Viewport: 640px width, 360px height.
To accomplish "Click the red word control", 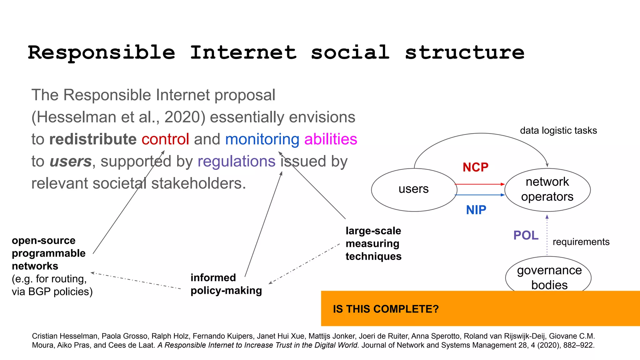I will click(165, 139).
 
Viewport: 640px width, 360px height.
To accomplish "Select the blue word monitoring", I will click(262, 139).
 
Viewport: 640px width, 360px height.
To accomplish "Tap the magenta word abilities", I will click(330, 139).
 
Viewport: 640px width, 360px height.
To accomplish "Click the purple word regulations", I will click(236, 162).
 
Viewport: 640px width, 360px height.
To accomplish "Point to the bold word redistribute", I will click(93, 139).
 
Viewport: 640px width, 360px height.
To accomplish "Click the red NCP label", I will click(475, 167).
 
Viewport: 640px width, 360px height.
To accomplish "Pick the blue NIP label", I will click(476, 210).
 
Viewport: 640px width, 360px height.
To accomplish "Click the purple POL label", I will click(526, 235).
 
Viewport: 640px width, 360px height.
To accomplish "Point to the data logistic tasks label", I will click(558, 131).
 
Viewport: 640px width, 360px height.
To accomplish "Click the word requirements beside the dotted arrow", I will click(581, 242).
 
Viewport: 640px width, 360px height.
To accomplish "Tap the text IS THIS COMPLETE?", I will click(386, 309).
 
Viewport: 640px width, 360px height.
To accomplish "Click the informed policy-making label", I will click(226, 284).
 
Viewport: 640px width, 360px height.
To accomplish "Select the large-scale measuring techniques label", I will click(373, 243).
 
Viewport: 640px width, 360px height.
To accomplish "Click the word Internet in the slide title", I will click(243, 52).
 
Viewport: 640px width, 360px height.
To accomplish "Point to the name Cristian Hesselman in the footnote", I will click(64, 336).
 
